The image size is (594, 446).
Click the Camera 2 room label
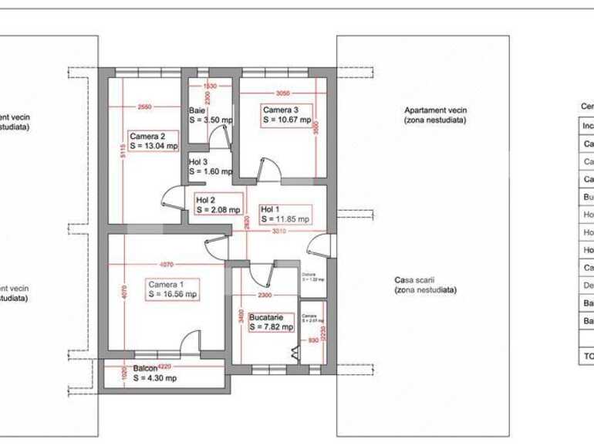[147, 137]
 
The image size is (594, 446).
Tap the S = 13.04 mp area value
[154, 145]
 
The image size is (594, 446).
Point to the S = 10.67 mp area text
[287, 120]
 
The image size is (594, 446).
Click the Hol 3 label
[198, 162]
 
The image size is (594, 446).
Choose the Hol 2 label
[205, 200]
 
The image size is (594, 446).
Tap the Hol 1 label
[270, 209]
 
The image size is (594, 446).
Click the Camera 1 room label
[167, 285]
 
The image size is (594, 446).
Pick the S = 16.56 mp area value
[173, 294]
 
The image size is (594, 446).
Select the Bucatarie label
[266, 317]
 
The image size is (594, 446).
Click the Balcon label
[145, 369]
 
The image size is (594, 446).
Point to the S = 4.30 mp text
[154, 378]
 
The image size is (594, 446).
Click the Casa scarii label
[424, 280]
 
